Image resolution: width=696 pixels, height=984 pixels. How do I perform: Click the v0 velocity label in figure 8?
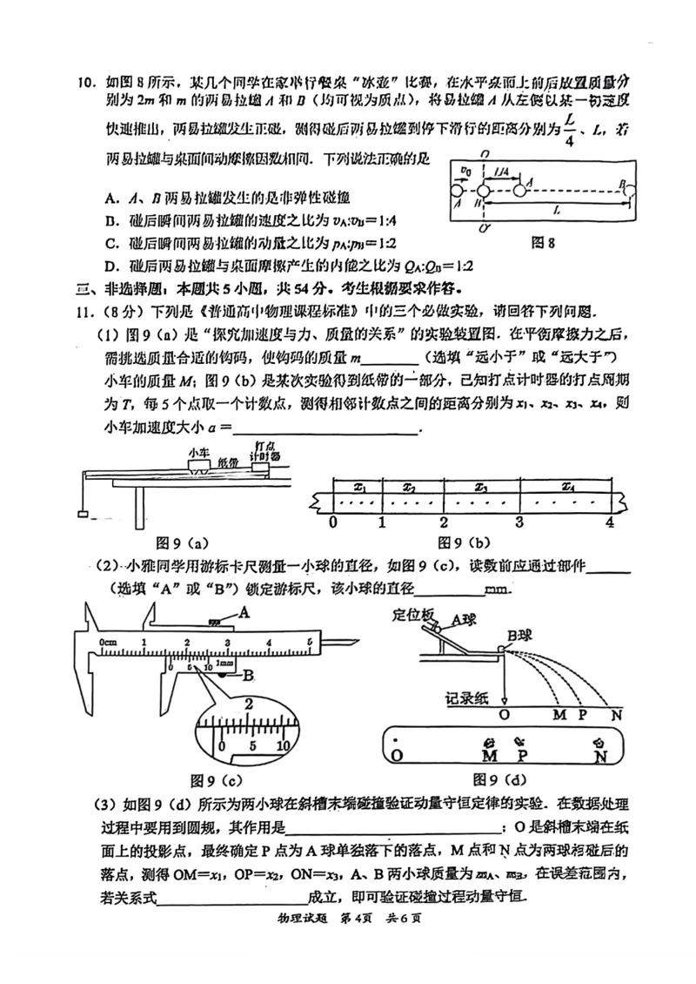[x=465, y=169]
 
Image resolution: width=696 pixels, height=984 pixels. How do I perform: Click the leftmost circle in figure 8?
[x=454, y=189]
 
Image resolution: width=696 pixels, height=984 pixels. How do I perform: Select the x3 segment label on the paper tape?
[x=480, y=488]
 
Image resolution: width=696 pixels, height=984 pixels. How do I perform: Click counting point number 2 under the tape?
[x=443, y=522]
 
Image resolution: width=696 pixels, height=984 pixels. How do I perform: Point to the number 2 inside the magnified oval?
[x=248, y=704]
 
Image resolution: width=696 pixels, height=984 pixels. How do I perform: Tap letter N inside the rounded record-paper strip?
[x=599, y=756]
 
